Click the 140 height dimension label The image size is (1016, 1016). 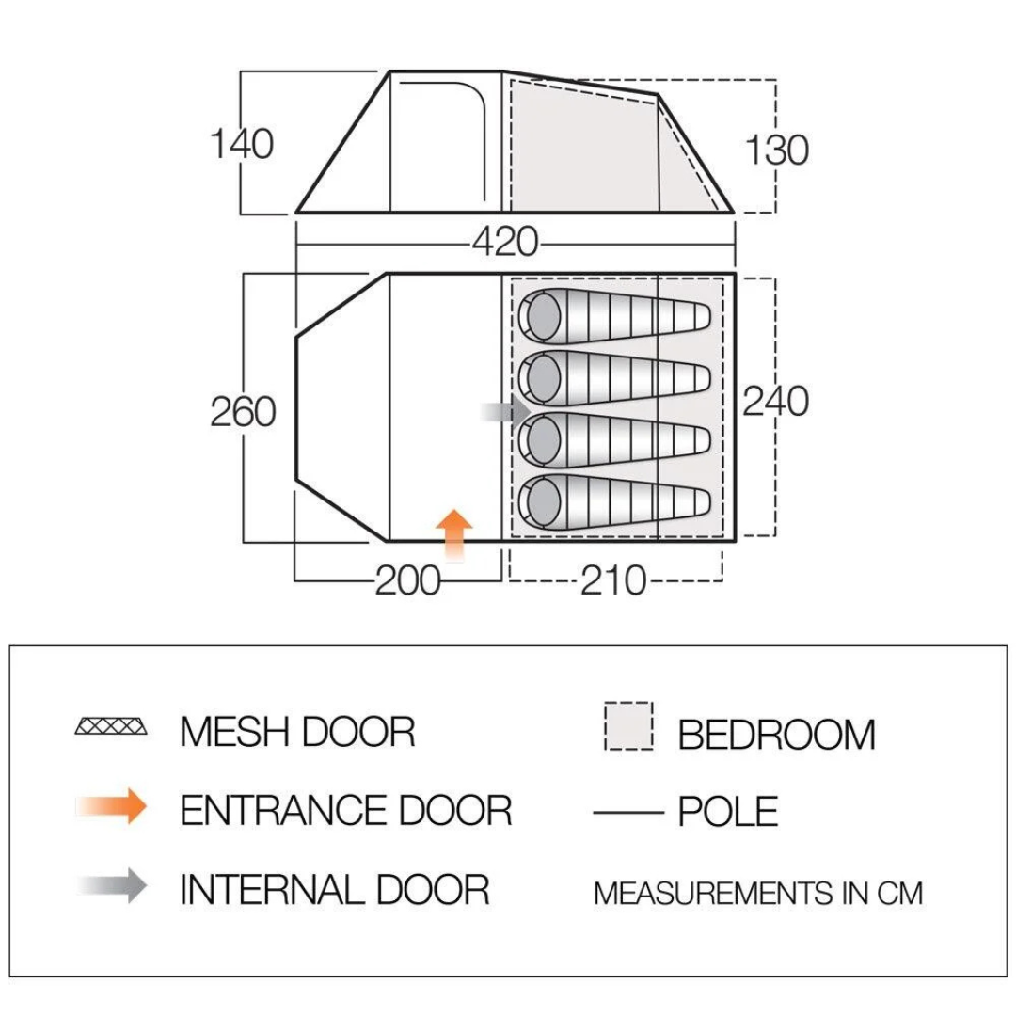(242, 145)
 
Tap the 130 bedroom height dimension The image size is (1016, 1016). (777, 150)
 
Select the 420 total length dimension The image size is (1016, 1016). (505, 243)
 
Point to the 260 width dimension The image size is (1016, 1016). (243, 412)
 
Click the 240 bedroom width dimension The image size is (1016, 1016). (776, 402)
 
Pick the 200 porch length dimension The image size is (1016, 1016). (407, 581)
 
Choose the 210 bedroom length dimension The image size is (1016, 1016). (613, 581)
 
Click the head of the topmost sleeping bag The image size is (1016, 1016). (543, 314)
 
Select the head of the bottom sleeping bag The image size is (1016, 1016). (543, 500)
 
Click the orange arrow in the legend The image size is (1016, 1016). (114, 806)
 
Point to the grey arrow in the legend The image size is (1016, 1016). (114, 885)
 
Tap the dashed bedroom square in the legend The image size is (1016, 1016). (629, 727)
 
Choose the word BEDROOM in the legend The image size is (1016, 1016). (776, 735)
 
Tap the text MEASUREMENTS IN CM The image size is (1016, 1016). (758, 892)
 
